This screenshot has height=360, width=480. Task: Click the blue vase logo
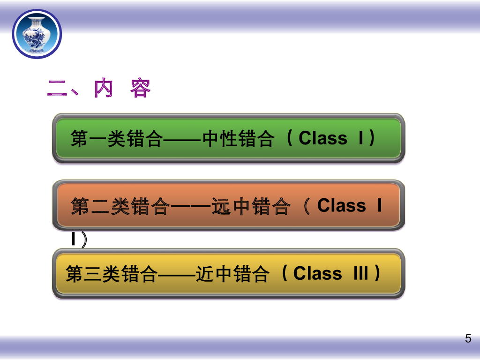37,34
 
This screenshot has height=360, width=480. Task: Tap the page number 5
468,339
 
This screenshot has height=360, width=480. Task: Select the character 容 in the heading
141,88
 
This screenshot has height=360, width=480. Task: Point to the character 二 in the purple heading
58,88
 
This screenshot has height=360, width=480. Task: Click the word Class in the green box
323,138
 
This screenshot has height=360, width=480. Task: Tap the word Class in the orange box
342,206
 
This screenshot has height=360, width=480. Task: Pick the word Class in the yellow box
317,273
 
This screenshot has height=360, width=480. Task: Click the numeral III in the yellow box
360,273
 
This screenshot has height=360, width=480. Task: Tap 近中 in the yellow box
214,274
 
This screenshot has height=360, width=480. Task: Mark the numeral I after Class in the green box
361,138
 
